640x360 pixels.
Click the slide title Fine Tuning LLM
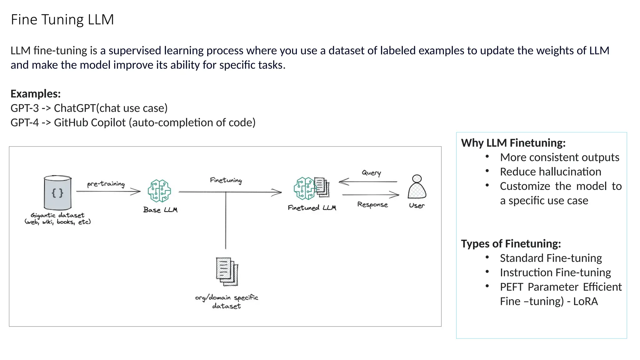pyautogui.click(x=62, y=19)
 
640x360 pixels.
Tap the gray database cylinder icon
pyautogui.click(x=57, y=192)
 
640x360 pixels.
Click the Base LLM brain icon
pyautogui.click(x=159, y=191)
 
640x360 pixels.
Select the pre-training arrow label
pyautogui.click(x=106, y=184)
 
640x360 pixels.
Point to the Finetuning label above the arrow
pyautogui.click(x=226, y=180)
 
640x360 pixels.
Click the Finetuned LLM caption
pyautogui.click(x=312, y=208)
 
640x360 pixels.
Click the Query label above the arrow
pyautogui.click(x=371, y=173)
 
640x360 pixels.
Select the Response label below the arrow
pyautogui.click(x=372, y=205)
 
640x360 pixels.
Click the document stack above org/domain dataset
pyautogui.click(x=227, y=272)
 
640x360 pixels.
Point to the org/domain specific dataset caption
pyautogui.click(x=227, y=302)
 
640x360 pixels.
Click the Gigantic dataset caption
pyautogui.click(x=57, y=218)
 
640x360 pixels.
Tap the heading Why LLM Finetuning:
pyautogui.click(x=513, y=143)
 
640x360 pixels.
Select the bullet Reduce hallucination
pyautogui.click(x=550, y=172)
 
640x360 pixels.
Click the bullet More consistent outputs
pyautogui.click(x=559, y=157)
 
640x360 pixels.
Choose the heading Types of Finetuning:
pyautogui.click(x=511, y=243)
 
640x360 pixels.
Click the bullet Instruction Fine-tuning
pyautogui.click(x=555, y=272)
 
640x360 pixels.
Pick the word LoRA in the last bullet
pyautogui.click(x=585, y=301)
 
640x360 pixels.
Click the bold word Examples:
pyautogui.click(x=36, y=94)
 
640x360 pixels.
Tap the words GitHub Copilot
pyautogui.click(x=90, y=122)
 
